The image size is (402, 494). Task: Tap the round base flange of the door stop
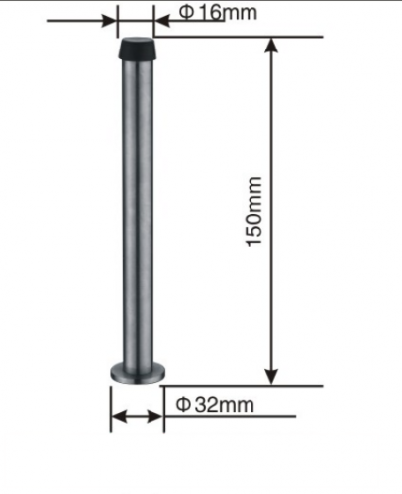(x=137, y=374)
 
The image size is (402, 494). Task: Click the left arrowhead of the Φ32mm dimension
(x=117, y=417)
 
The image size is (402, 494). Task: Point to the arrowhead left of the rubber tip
(x=111, y=17)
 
